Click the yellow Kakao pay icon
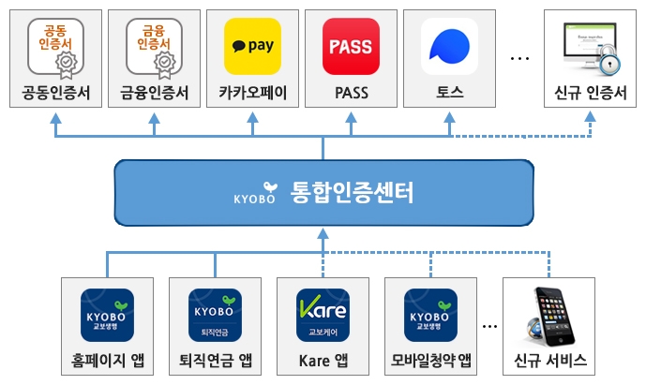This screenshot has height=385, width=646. coord(252,46)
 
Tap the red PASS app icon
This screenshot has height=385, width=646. coord(351,46)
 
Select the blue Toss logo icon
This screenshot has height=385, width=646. coord(449,46)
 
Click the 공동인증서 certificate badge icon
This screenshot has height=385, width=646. coord(55,46)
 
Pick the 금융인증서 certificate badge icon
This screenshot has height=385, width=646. coord(154,46)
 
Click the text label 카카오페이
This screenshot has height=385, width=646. coord(252,94)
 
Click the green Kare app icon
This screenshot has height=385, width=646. coord(323,317)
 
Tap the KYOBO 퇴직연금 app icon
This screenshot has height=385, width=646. coord(215,317)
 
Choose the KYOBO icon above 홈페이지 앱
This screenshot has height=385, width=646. coord(107,317)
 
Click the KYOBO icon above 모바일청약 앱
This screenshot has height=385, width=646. coord(430,317)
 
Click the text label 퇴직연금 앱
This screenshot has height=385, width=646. coord(215,361)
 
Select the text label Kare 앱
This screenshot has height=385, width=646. coord(323,361)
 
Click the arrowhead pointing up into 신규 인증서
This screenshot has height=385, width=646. coord(592,116)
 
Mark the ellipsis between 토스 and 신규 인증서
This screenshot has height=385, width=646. coord(519,58)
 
